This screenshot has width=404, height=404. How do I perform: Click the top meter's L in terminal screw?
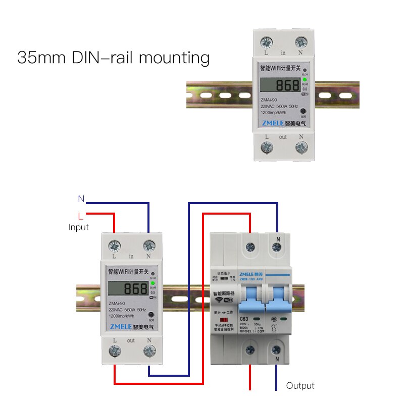pos(266,43)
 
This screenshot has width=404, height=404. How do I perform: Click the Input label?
pos(78,227)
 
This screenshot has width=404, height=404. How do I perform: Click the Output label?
pos(300,386)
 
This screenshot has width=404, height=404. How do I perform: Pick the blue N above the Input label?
pos(81,199)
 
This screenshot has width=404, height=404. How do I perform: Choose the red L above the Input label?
pos(81,216)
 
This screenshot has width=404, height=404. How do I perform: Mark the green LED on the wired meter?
pos(152,285)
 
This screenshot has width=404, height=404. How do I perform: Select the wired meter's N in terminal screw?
pos(149,246)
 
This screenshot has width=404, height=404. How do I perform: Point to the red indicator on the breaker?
pos(219,320)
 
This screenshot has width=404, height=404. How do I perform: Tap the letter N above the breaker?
pos(278,239)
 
